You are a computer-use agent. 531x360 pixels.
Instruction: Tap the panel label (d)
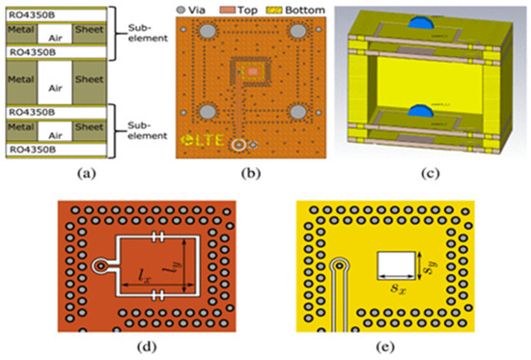click(x=164, y=346)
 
